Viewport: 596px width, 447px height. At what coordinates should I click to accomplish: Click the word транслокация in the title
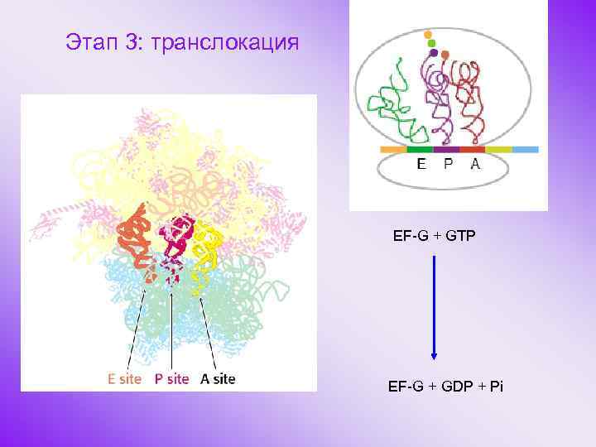coord(235,41)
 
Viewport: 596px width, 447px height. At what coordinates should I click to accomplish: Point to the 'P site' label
coord(171,380)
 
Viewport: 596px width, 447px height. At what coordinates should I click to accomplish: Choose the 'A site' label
coord(218,380)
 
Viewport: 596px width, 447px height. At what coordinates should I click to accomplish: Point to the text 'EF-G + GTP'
coord(435,236)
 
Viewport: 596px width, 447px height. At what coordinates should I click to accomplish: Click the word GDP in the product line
coord(457,387)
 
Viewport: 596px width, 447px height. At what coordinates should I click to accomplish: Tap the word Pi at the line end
coord(496,387)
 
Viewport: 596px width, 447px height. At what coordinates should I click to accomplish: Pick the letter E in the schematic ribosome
coord(422,164)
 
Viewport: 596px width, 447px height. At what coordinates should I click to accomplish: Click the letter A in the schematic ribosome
coord(474,164)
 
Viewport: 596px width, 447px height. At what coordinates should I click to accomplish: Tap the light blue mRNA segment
coord(526,150)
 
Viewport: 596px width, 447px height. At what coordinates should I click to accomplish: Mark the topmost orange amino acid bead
coord(428,36)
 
